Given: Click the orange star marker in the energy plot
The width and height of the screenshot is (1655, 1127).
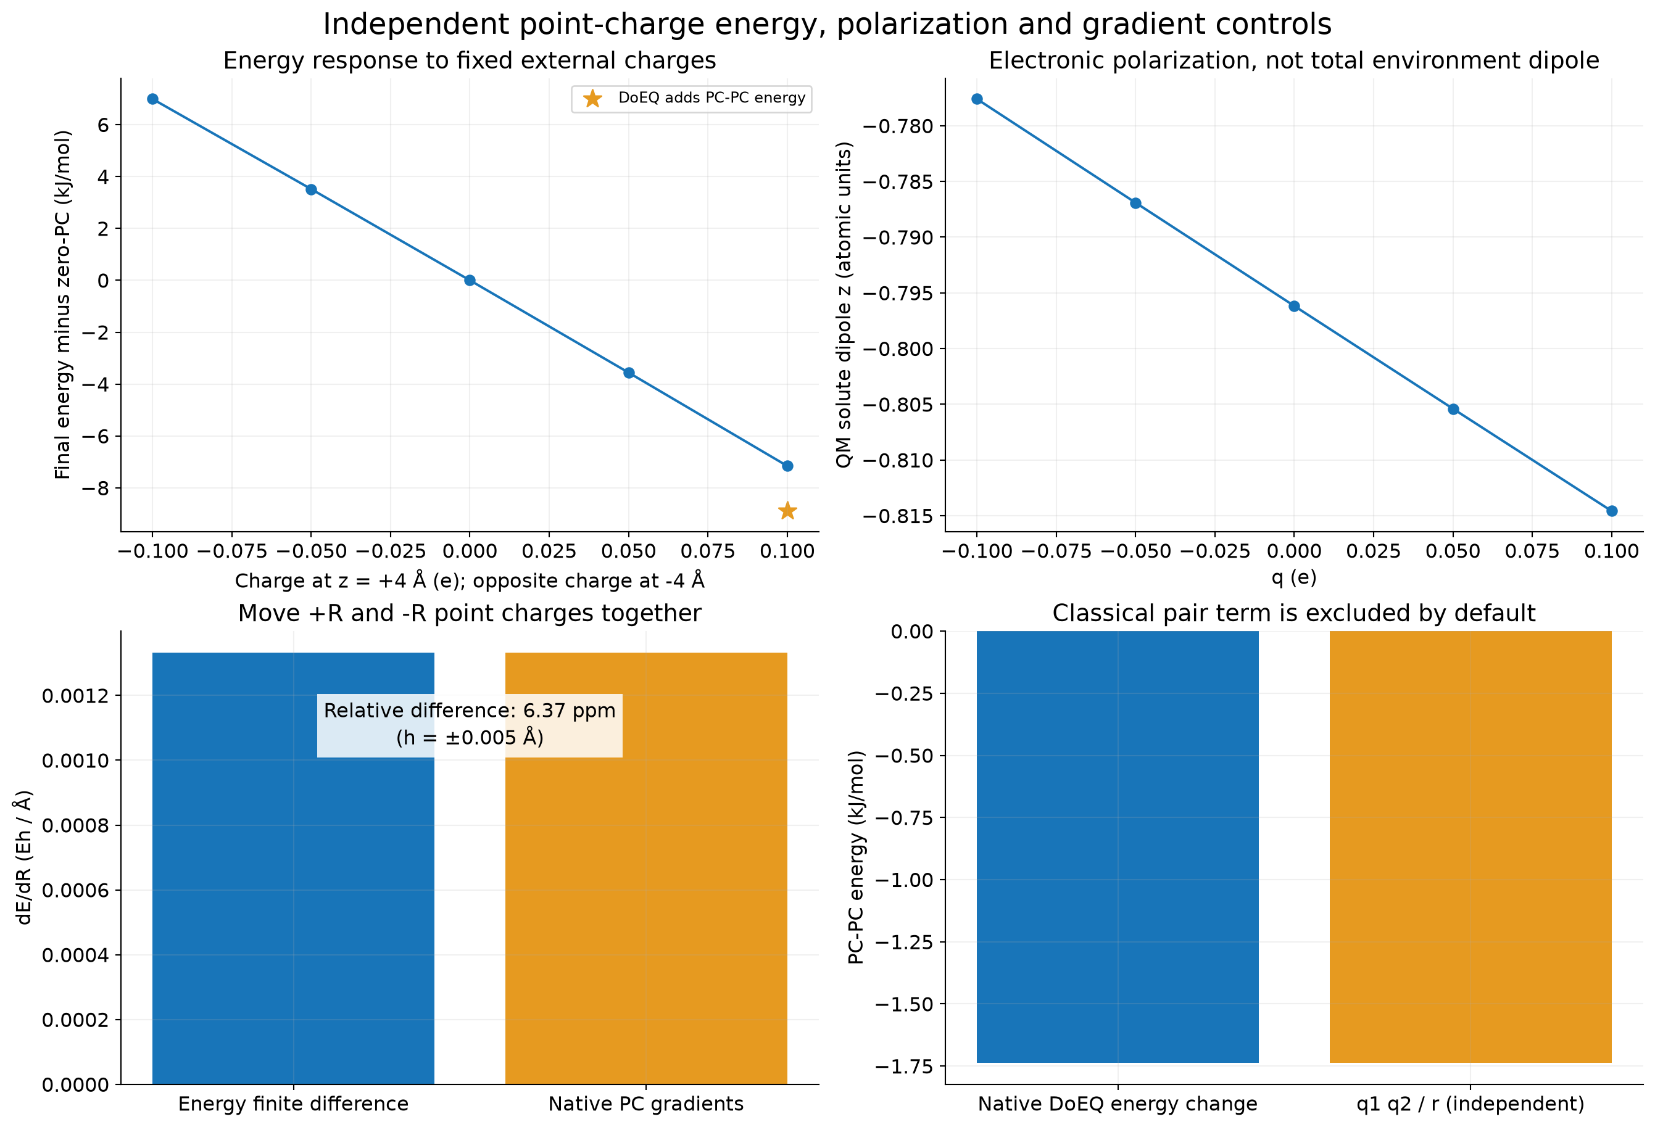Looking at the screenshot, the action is (x=787, y=511).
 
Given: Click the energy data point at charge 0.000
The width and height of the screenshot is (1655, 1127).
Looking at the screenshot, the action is (x=470, y=281).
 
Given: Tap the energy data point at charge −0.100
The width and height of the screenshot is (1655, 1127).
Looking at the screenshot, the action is (x=152, y=99).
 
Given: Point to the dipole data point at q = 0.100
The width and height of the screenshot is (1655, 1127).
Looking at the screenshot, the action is (x=1612, y=511).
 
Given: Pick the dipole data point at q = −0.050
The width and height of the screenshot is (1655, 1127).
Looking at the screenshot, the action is (x=1136, y=203).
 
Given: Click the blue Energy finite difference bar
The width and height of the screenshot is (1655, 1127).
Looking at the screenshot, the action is (x=293, y=869).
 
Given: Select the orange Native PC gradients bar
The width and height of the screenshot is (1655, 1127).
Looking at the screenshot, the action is (x=646, y=869).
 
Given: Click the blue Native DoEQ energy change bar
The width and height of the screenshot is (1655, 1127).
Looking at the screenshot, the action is (x=1118, y=847).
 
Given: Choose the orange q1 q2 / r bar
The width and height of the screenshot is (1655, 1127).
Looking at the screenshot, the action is (x=1470, y=847).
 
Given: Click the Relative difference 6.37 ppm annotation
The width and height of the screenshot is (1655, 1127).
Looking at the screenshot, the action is (x=470, y=724).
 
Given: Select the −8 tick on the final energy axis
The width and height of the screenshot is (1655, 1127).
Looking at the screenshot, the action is (x=96, y=489).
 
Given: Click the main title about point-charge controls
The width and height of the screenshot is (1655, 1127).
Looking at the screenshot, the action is (x=827, y=24).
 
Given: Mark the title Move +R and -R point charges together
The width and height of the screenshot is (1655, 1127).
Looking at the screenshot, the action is (x=470, y=613).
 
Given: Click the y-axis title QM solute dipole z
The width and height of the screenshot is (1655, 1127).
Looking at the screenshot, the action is (x=844, y=305).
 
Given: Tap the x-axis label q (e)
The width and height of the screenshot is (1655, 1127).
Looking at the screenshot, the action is (x=1294, y=577).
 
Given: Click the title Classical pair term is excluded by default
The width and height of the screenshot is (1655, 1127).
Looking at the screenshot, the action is (x=1294, y=613).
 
